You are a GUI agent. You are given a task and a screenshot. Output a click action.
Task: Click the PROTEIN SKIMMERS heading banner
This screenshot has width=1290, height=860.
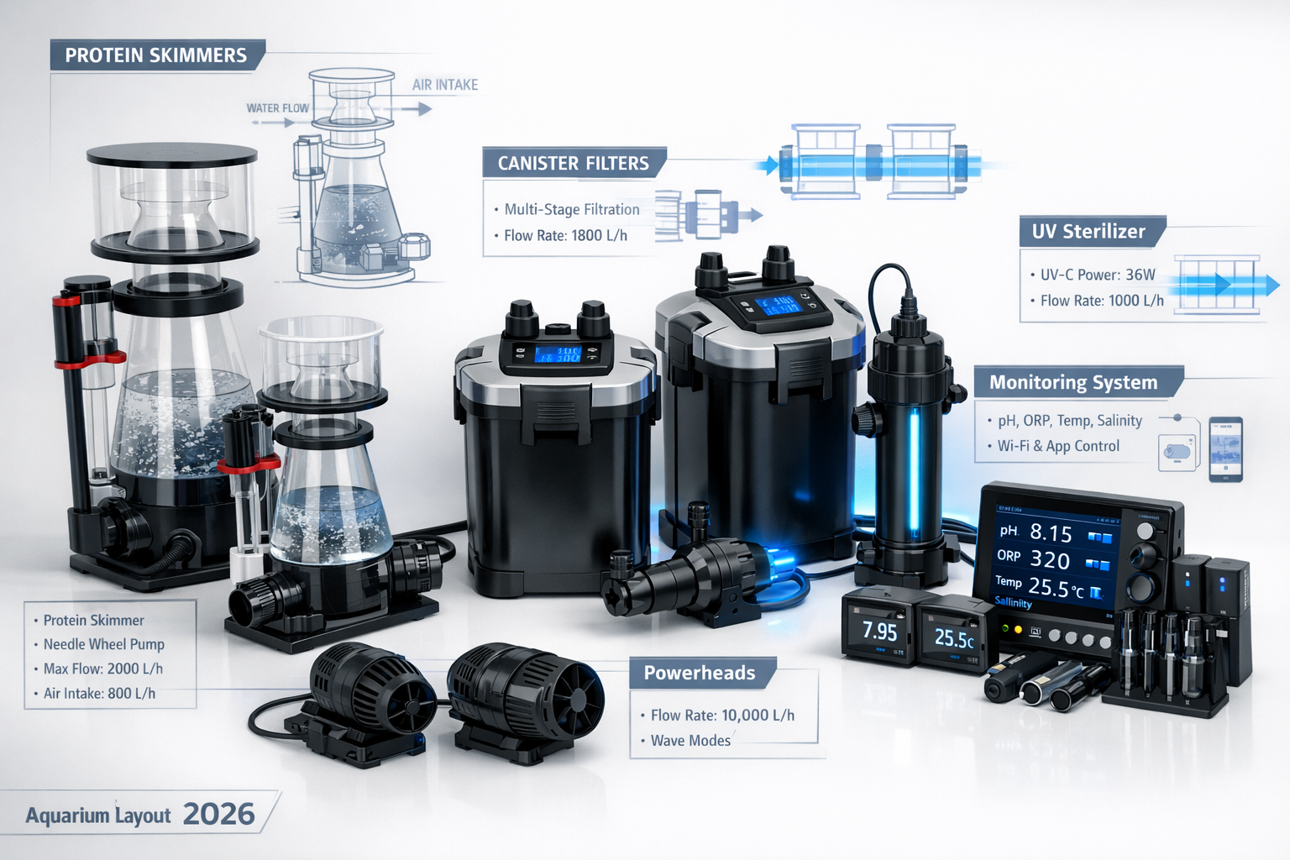pyautogui.click(x=156, y=55)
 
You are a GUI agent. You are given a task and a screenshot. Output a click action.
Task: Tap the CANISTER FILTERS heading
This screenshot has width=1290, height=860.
pyautogui.click(x=574, y=163)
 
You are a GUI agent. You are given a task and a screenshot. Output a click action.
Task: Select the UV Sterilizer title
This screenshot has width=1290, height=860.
pyautogui.click(x=1088, y=232)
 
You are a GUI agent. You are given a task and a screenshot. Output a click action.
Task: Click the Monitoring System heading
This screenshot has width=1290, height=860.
pyautogui.click(x=1073, y=383)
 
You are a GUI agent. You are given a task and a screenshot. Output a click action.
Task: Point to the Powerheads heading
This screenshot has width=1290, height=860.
pyautogui.click(x=700, y=673)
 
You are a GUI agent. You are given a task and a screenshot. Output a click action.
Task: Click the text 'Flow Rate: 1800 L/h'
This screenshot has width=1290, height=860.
pyautogui.click(x=565, y=236)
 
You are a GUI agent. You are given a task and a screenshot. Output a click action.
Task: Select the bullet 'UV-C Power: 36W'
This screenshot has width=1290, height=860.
pyautogui.click(x=1098, y=275)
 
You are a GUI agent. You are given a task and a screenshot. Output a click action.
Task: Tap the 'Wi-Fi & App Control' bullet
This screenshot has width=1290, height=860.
pyautogui.click(x=1058, y=446)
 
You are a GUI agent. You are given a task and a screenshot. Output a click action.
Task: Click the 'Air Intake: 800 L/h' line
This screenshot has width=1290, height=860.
pyautogui.click(x=99, y=694)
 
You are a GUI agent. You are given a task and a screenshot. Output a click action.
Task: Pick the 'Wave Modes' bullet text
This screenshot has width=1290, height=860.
pyautogui.click(x=690, y=741)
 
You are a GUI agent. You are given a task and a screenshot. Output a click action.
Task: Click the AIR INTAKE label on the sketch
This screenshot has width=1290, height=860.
pyautogui.click(x=445, y=85)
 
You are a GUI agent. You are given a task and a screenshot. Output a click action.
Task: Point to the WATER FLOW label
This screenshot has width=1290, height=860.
pyautogui.click(x=278, y=108)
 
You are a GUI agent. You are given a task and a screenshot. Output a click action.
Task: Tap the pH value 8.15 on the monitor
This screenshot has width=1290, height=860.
pyautogui.click(x=1051, y=533)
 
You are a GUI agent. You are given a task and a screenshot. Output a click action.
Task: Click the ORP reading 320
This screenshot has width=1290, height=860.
pyautogui.click(x=1050, y=560)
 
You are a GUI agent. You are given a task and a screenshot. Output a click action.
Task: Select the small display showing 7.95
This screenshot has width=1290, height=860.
pyautogui.click(x=879, y=632)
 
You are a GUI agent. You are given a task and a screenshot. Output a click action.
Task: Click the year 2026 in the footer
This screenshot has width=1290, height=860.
pyautogui.click(x=218, y=814)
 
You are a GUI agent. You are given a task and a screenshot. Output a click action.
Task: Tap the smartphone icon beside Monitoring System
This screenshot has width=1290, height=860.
pyautogui.click(x=1225, y=449)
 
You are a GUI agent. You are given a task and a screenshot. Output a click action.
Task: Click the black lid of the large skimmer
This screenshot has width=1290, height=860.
pyautogui.click(x=172, y=155)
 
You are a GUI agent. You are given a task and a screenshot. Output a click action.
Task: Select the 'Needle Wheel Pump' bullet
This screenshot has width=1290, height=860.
pyautogui.click(x=103, y=645)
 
